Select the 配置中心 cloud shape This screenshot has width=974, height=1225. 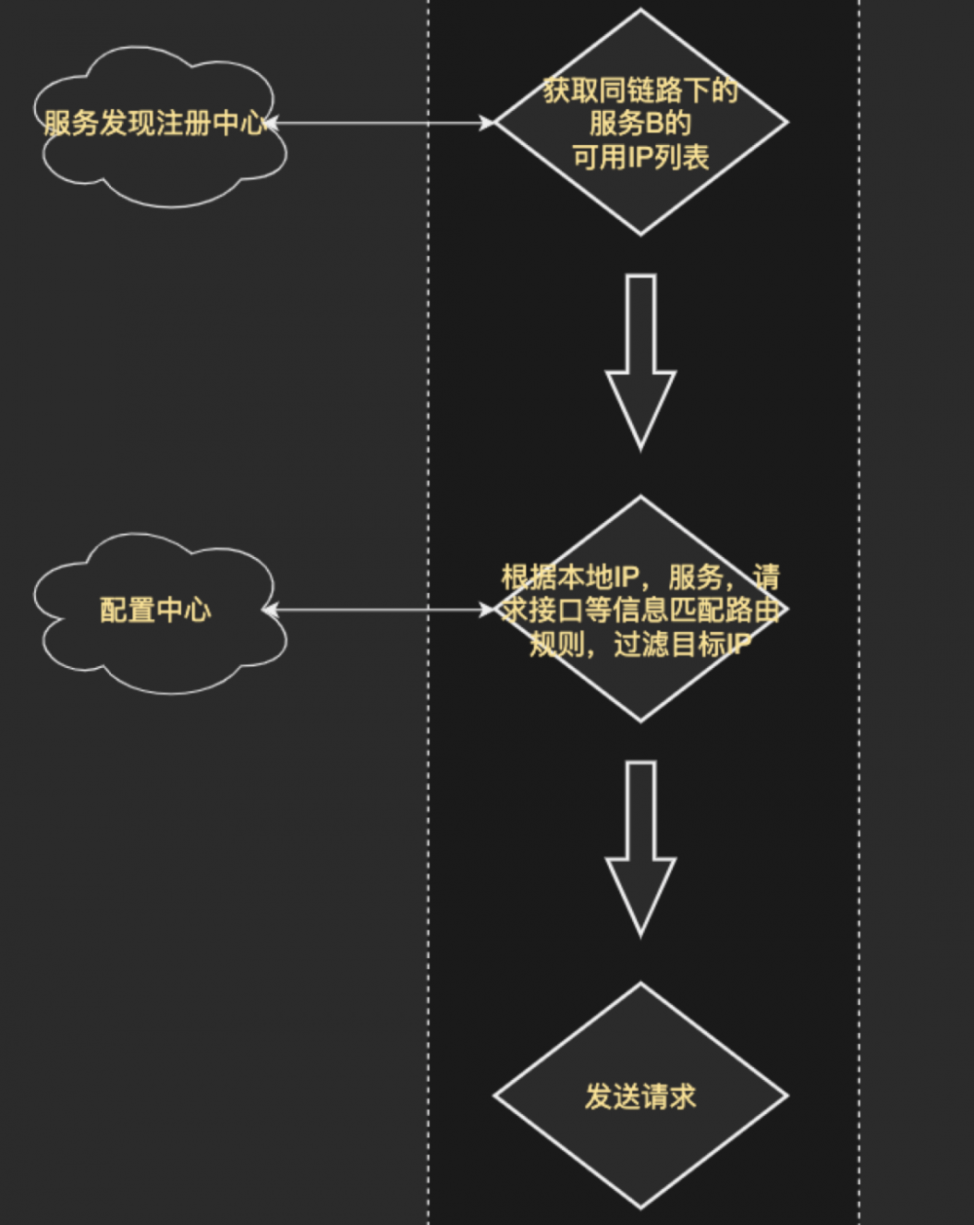[156, 612]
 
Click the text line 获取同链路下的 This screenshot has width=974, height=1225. [640, 92]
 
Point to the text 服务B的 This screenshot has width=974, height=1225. [640, 124]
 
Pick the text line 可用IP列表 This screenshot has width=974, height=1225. [640, 156]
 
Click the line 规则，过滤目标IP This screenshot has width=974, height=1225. [640, 644]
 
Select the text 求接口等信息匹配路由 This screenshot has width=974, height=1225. [640, 611]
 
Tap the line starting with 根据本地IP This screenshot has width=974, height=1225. [640, 577]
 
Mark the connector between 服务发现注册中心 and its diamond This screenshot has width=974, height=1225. [380, 124]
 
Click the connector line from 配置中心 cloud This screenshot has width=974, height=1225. [380, 611]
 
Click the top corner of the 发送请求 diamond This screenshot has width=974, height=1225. [640, 984]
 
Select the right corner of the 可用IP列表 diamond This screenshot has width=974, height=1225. [785, 123]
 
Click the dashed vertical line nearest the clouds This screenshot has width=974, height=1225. [429, 390]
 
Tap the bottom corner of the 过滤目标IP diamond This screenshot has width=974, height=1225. [640, 721]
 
